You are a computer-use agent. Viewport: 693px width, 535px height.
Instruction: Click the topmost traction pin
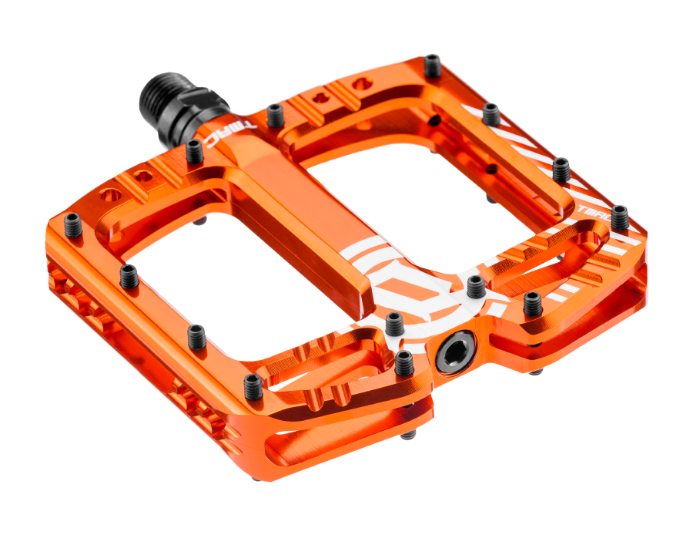434,66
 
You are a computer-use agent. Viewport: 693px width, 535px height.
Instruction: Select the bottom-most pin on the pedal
253,386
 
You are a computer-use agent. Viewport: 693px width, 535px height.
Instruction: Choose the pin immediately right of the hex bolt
532,304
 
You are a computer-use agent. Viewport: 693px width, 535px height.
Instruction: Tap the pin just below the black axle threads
195,151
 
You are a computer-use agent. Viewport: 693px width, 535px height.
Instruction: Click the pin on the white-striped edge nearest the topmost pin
490,115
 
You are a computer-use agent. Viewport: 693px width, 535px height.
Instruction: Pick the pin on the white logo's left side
393,324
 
